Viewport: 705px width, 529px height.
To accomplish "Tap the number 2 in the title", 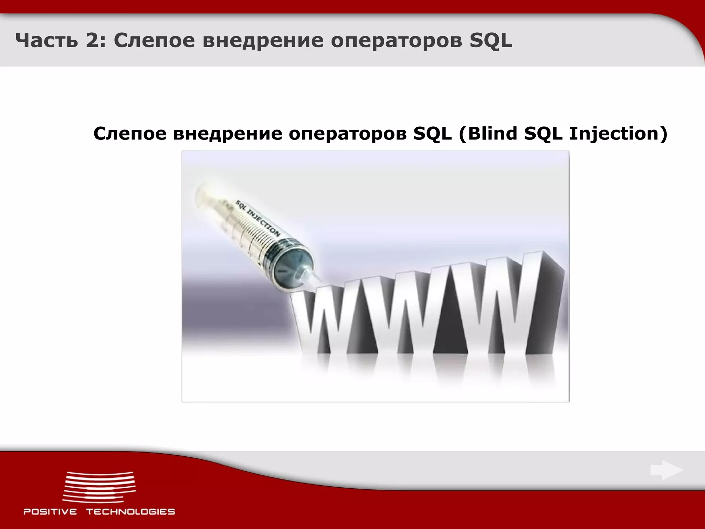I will [90, 41].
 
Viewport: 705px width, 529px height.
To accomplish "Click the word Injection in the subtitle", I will [618, 134].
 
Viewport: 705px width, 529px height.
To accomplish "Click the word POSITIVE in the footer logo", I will [50, 512].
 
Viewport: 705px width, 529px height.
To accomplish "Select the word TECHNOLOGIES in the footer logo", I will [130, 512].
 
